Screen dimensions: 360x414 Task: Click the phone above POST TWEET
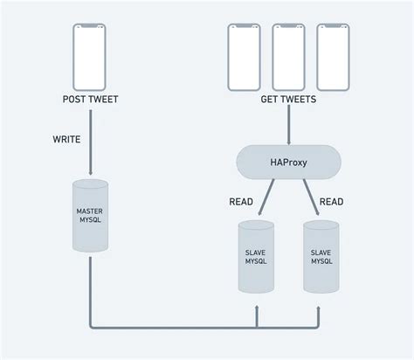pyautogui.click(x=90, y=56)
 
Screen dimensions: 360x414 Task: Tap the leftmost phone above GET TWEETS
pyautogui.click(x=245, y=56)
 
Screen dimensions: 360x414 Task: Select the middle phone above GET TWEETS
pyautogui.click(x=288, y=56)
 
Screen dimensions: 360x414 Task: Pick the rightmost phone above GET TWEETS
pyautogui.click(x=332, y=56)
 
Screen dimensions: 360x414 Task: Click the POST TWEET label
pyautogui.click(x=90, y=100)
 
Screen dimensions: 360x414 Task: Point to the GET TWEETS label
pyautogui.click(x=288, y=100)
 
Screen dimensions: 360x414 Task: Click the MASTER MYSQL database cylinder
pyautogui.click(x=90, y=215)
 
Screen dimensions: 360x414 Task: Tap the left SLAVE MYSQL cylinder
pyautogui.click(x=256, y=255)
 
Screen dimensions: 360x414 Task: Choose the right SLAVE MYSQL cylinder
pyautogui.click(x=321, y=255)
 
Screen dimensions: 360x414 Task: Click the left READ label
pyautogui.click(x=241, y=202)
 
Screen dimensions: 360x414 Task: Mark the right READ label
pyautogui.click(x=331, y=202)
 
